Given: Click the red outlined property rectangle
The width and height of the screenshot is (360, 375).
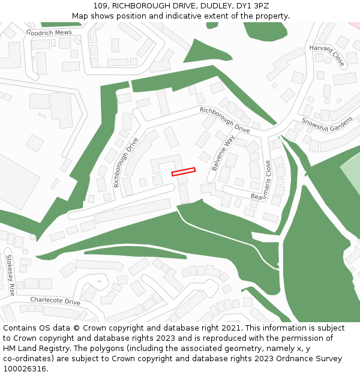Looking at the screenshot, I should (184, 172).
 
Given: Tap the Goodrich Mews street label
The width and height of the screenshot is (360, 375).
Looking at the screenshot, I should (49, 32).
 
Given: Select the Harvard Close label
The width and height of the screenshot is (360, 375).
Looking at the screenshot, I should (327, 55).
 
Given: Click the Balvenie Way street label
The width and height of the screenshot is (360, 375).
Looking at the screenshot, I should (223, 152).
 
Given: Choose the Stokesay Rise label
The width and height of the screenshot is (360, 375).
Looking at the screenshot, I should (10, 275).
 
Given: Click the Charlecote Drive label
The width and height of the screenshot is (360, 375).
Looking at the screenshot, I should (55, 301).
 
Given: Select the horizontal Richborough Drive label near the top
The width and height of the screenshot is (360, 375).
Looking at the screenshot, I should (224, 119).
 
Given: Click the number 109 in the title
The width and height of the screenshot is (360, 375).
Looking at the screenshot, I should (101, 6).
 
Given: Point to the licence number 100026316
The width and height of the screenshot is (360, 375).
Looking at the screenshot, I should (25, 369).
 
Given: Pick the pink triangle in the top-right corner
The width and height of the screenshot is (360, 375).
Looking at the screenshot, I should (355, 25).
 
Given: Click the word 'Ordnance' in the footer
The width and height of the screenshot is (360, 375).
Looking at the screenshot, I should (289, 359).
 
